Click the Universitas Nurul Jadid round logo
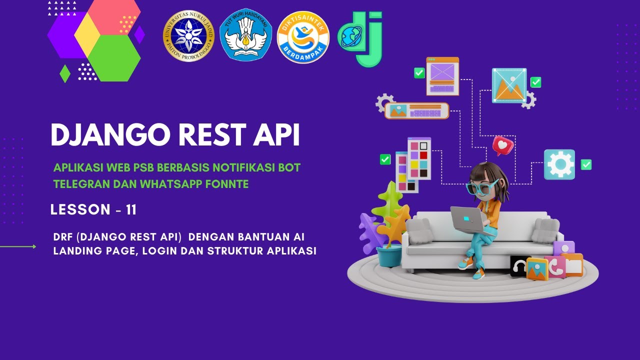(x=188, y=36)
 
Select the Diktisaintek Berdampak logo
(x=303, y=37)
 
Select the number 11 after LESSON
(x=131, y=210)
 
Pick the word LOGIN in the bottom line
(x=159, y=251)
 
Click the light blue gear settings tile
(x=559, y=164)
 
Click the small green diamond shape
(x=65, y=73)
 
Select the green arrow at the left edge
(x=20, y=246)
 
